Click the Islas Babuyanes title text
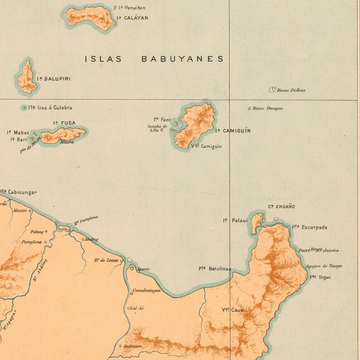point(154,59)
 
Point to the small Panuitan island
point(114,8)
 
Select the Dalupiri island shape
point(27,78)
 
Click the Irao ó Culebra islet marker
point(24,107)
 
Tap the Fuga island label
point(64,122)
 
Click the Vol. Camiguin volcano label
point(207,146)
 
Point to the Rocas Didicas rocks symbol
point(272,90)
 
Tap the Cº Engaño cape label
point(281,207)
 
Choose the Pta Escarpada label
point(310,227)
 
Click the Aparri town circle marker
point(132,268)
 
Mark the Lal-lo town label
point(136,308)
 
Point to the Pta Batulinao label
point(214,269)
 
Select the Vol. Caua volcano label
point(232,310)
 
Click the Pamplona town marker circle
point(46,242)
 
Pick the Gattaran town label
point(131,346)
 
